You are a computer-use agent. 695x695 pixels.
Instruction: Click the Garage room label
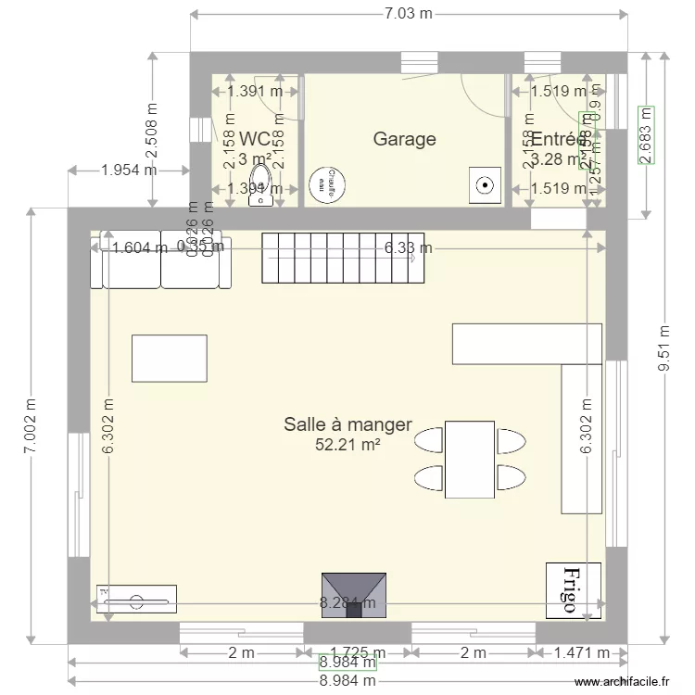click(x=404, y=139)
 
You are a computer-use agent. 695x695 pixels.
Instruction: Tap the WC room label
click(x=255, y=139)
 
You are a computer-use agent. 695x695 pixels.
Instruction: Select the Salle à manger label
click(x=347, y=424)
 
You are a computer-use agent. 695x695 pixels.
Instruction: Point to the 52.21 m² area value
click(x=348, y=445)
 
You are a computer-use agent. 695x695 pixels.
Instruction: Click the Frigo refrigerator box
click(x=573, y=589)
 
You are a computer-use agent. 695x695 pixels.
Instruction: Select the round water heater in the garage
click(x=327, y=183)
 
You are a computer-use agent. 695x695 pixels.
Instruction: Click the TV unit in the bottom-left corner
click(x=136, y=599)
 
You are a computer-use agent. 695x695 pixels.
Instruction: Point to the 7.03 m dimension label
click(x=406, y=15)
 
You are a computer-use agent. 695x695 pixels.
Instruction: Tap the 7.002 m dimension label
click(x=32, y=424)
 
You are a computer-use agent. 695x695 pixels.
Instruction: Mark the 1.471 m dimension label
click(x=581, y=652)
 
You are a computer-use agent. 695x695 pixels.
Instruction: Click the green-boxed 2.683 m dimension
click(x=646, y=135)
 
